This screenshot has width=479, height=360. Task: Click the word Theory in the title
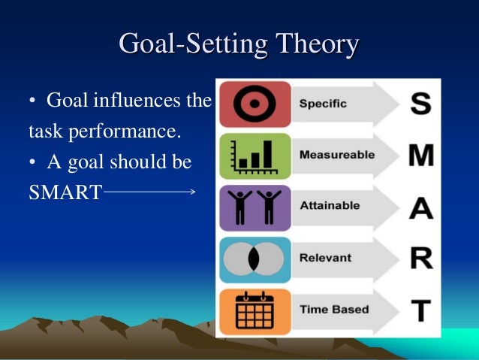(x=316, y=44)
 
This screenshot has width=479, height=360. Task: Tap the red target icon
(x=255, y=104)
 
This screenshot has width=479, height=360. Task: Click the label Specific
(x=323, y=104)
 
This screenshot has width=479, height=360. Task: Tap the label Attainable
(x=329, y=205)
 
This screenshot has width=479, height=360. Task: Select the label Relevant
(x=325, y=258)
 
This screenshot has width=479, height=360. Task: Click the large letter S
(x=420, y=104)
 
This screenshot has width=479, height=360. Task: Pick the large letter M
(x=421, y=156)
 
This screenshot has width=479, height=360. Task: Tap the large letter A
(x=420, y=207)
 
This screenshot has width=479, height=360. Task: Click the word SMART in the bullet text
(x=65, y=192)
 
